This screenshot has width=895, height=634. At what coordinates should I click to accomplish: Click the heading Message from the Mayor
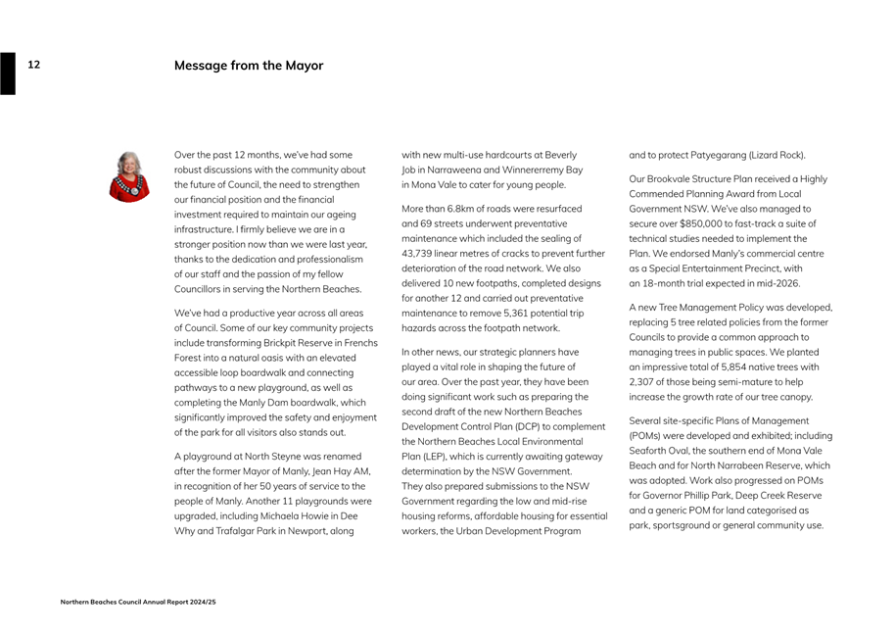tap(249, 66)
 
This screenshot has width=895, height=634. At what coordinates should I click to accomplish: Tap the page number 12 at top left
tap(33, 65)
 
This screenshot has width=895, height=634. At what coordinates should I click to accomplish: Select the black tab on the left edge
tap(8, 73)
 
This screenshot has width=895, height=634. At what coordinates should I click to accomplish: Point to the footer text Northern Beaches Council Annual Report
tap(137, 602)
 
